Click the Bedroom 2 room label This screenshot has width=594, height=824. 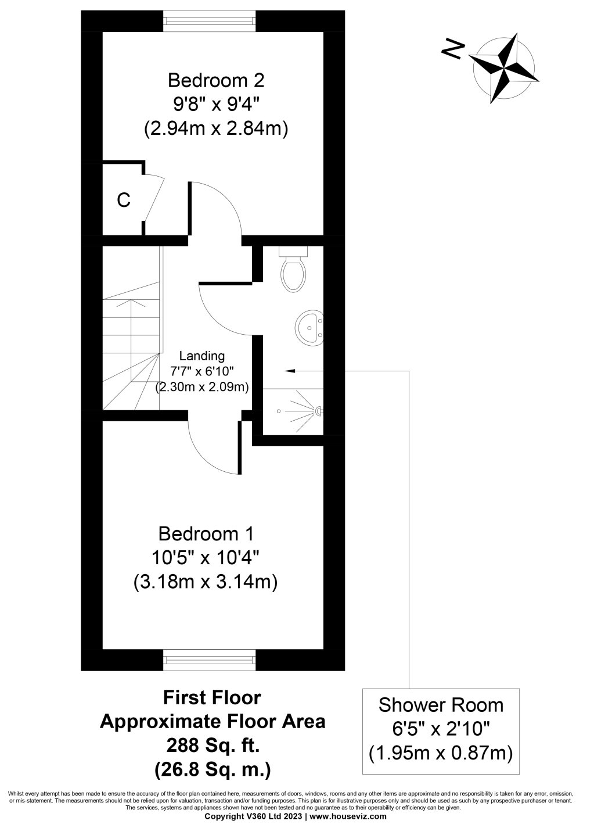(x=216, y=78)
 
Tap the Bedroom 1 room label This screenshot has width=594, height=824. (x=206, y=533)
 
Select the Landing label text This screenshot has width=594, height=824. (x=201, y=356)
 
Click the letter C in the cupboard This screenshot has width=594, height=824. (x=123, y=200)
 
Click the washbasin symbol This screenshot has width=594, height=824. (x=309, y=326)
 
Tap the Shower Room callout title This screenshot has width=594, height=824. (x=441, y=705)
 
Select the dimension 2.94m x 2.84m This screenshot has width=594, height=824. (x=216, y=129)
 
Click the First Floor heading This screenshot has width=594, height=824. (x=213, y=697)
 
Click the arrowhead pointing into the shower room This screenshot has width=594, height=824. (x=289, y=370)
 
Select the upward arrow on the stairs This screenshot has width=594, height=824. (x=131, y=303)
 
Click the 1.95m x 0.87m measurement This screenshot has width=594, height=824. (x=441, y=753)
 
